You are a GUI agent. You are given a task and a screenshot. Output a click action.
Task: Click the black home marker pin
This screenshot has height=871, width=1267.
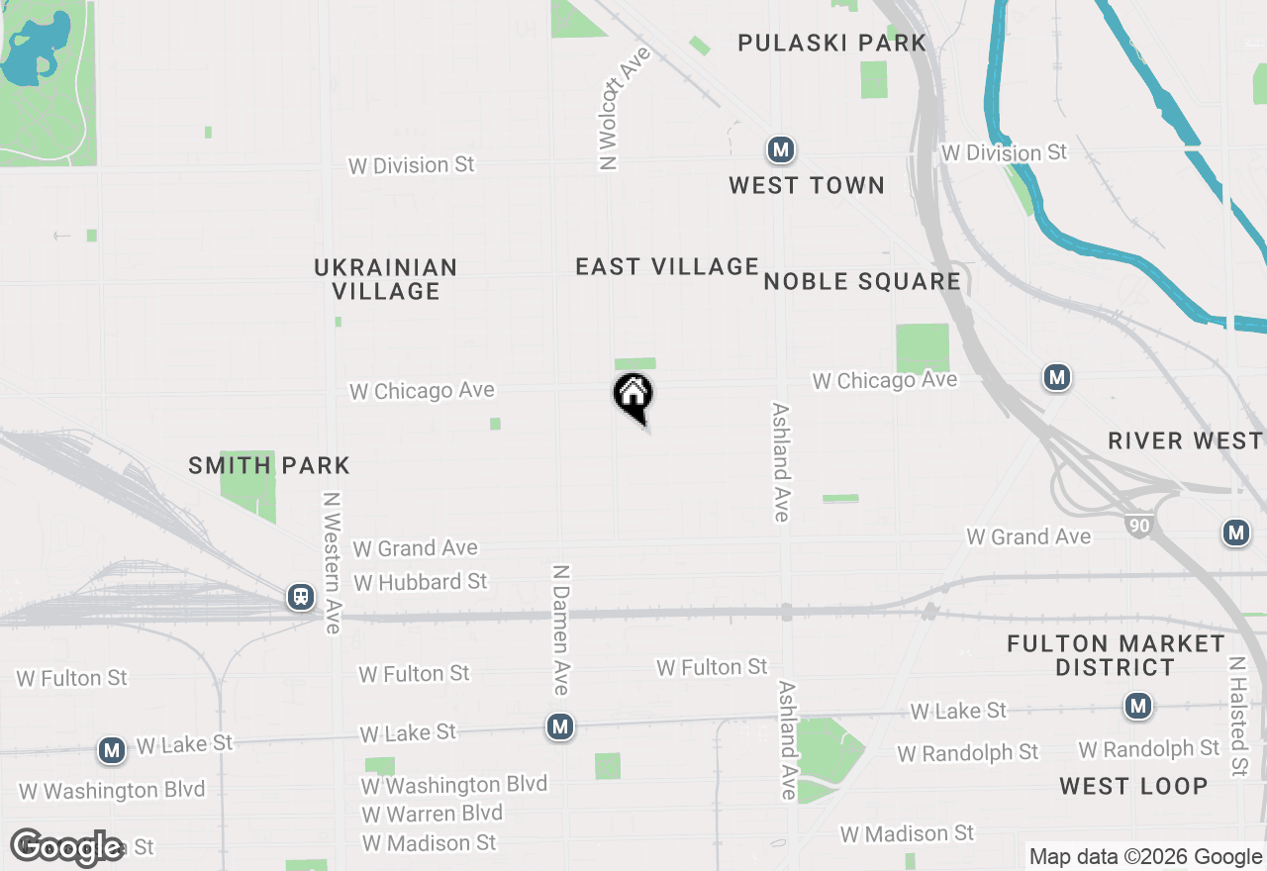click(633, 396)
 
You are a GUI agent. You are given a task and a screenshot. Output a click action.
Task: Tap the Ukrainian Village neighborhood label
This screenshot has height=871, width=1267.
click(385, 279)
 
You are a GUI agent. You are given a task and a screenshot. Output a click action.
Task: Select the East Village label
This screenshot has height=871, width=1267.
click(667, 266)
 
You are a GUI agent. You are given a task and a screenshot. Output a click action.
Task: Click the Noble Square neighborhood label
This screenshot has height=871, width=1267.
click(862, 281)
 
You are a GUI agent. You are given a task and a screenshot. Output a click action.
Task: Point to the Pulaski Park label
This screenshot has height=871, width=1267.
click(831, 43)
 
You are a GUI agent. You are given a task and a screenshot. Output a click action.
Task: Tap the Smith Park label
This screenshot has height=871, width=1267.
click(269, 465)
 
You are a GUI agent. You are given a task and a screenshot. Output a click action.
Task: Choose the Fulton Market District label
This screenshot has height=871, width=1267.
click(1116, 655)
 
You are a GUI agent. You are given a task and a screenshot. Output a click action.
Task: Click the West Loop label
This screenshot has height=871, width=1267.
click(1133, 787)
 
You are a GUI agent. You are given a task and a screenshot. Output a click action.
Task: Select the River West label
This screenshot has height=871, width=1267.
click(1185, 440)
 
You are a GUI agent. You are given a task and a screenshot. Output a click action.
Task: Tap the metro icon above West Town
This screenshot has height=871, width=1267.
click(781, 150)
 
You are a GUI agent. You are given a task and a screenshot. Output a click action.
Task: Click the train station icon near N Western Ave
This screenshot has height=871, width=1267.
click(300, 597)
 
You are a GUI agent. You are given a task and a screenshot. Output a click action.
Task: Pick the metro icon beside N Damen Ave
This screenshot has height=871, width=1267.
click(560, 727)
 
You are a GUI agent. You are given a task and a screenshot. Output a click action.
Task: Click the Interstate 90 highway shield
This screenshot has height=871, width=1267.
click(1139, 525)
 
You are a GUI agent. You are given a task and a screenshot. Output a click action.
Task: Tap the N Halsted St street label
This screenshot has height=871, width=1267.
click(1237, 717)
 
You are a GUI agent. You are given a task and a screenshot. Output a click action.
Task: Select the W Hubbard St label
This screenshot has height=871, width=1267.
click(421, 582)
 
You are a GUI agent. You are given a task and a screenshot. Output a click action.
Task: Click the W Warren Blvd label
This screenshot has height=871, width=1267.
click(432, 814)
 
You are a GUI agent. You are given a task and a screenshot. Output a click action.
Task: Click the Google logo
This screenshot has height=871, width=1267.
click(67, 846)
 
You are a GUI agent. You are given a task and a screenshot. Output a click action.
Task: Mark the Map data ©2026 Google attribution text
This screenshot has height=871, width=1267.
click(1145, 857)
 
